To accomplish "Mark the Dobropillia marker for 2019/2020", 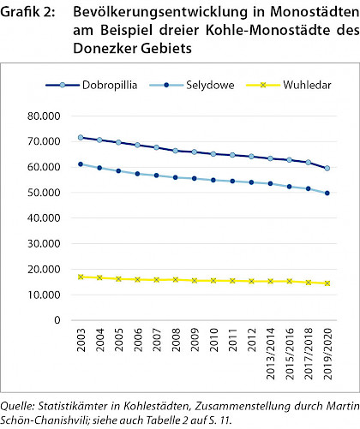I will [x=327, y=169].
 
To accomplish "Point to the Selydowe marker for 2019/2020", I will [x=327, y=194].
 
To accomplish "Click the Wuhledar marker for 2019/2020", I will [x=327, y=283].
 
